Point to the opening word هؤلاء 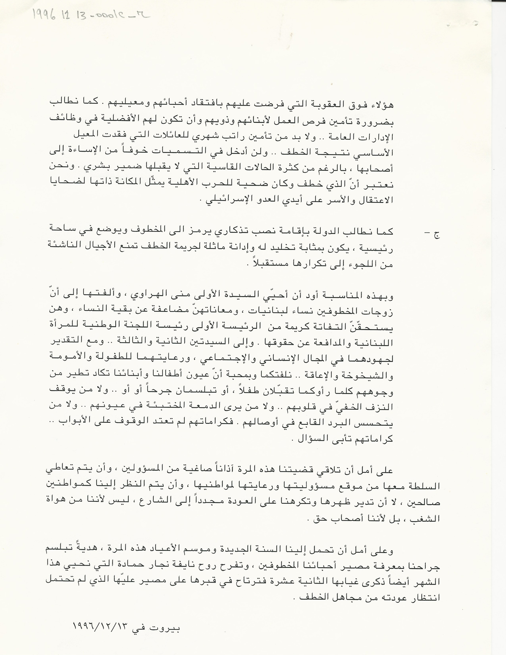coord(384,105)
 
